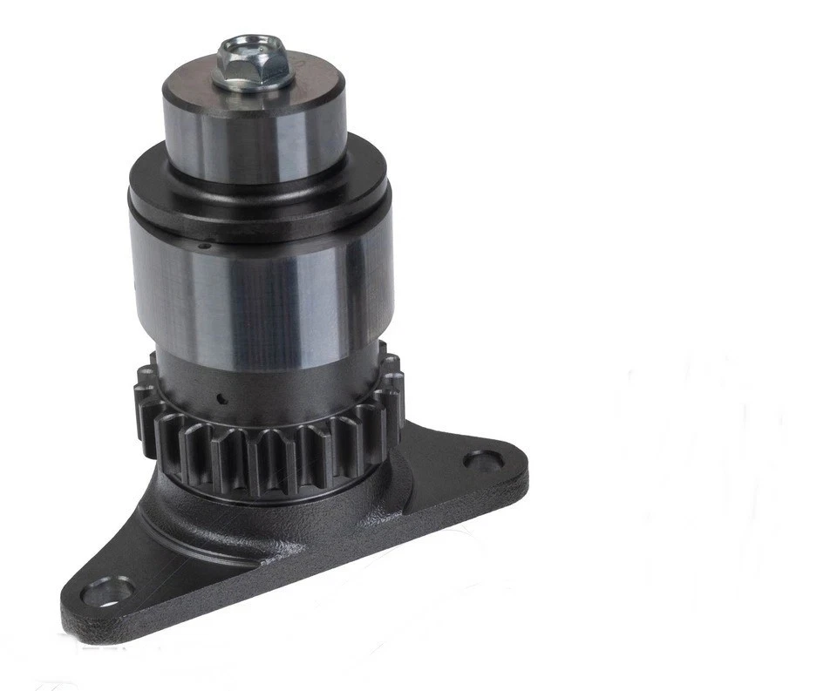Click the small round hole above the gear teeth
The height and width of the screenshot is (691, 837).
[221, 401]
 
